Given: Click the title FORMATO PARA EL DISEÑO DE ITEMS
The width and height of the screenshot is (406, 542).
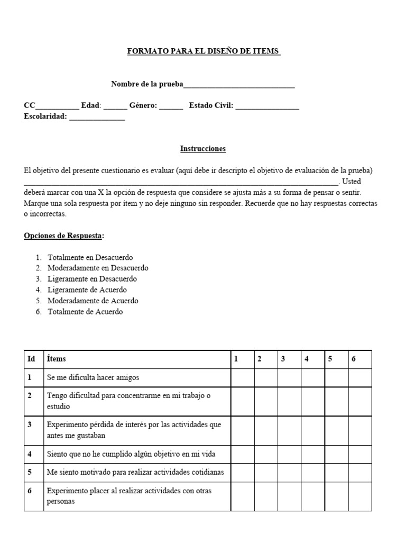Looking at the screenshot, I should (x=204, y=51).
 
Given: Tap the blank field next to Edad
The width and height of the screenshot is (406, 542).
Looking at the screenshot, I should (x=115, y=106).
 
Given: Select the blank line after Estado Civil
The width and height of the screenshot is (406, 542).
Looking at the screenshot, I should (x=267, y=106).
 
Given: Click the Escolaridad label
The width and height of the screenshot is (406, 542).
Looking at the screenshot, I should (x=45, y=116).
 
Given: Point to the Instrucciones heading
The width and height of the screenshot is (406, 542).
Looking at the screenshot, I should (x=203, y=149).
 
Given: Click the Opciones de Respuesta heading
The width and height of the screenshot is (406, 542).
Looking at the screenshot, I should (x=63, y=235).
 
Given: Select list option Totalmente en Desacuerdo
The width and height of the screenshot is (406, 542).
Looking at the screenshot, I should (x=90, y=257).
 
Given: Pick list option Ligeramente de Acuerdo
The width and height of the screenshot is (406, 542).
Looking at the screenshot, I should (x=87, y=290).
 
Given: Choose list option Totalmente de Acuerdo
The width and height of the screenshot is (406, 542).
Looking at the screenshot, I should (x=85, y=312).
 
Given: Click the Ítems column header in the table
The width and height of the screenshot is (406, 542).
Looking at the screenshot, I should (x=57, y=359).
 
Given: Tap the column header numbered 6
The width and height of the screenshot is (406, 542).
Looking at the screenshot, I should (x=354, y=359).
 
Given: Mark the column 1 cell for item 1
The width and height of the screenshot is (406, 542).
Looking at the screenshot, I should (x=243, y=377).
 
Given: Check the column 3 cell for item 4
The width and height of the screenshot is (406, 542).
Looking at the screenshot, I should (x=289, y=454).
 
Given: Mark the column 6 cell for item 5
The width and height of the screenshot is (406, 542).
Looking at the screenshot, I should (x=359, y=472).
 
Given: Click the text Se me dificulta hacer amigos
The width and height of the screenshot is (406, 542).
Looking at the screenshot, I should (x=93, y=377).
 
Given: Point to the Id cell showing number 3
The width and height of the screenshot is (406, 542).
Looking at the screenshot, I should (x=30, y=424).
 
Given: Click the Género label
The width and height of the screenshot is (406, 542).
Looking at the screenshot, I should (x=143, y=106).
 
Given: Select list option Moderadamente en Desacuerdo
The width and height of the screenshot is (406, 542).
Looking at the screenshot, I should (x=98, y=268).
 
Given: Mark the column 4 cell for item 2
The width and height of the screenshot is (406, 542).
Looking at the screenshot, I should (x=312, y=401).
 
